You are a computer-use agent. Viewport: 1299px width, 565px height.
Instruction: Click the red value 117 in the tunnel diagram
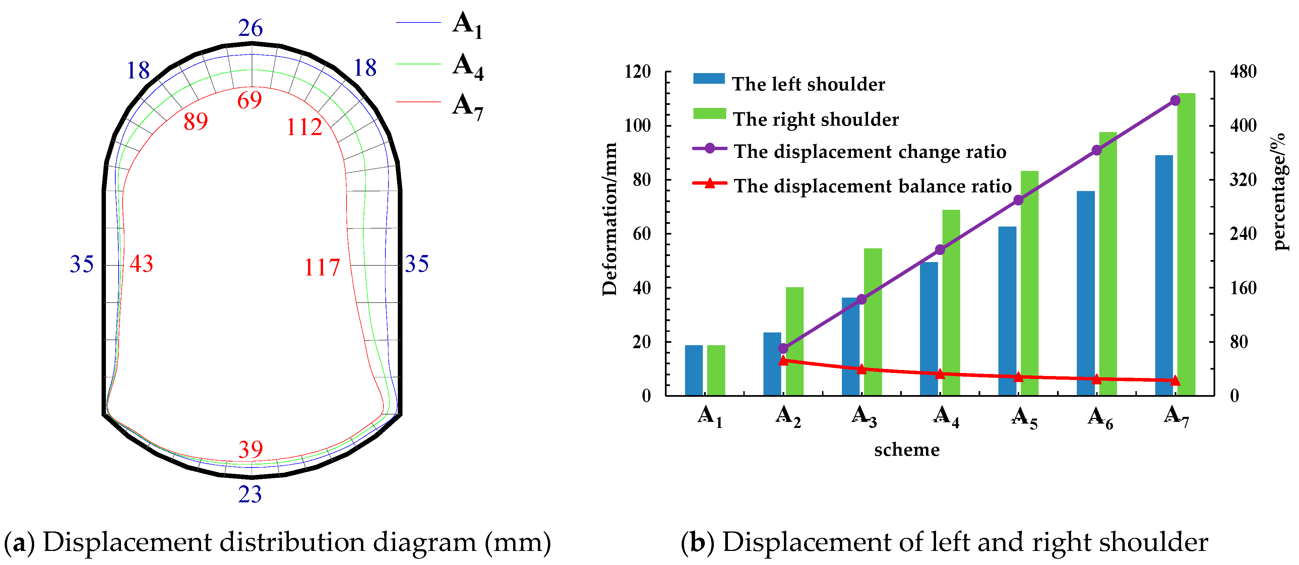tap(322, 267)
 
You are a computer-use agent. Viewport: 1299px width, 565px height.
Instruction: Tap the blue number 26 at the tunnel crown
tap(251, 28)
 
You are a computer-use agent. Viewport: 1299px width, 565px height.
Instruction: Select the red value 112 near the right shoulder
tap(304, 127)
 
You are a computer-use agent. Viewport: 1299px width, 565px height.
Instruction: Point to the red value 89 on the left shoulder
tap(196, 121)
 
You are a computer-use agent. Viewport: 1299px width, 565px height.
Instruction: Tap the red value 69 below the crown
tap(250, 100)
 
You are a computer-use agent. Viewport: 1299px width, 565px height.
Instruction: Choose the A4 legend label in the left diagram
tap(468, 66)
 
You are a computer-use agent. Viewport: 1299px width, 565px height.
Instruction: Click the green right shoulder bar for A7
tap(1186, 244)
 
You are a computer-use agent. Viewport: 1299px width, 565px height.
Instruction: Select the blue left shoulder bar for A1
tap(694, 370)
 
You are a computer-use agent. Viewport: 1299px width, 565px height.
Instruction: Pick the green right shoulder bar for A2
tap(795, 341)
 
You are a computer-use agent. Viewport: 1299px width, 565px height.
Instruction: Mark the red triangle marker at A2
tap(783, 360)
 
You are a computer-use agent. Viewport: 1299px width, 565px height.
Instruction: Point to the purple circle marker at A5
tap(1018, 200)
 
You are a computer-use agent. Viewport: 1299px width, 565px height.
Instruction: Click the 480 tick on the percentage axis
tap(1243, 72)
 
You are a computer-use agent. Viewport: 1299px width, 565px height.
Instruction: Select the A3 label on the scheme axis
tap(864, 416)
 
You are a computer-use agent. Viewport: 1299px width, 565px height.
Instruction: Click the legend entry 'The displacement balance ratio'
tap(872, 186)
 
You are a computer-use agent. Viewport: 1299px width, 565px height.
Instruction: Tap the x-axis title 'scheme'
tap(907, 450)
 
